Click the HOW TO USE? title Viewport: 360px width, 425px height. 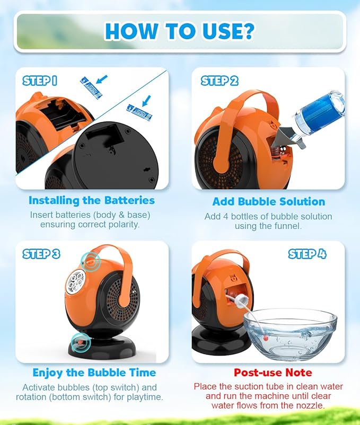tap(179, 31)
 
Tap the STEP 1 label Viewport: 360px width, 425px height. tap(40, 81)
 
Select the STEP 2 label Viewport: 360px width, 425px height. tap(219, 81)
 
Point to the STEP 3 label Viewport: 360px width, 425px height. tap(41, 254)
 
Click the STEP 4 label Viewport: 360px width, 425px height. tap(307, 254)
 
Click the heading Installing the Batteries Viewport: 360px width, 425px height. tap(92, 200)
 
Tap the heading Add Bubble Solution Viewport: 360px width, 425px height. tap(269, 202)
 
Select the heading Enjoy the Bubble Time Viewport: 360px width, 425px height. tap(94, 373)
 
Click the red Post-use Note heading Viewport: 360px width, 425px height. tap(273, 373)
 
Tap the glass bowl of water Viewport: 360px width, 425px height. tap(290, 335)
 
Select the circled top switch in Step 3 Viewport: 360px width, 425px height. tap(90, 261)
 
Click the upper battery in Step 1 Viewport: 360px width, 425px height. tap(91, 88)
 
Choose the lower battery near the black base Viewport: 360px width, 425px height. tap(139, 113)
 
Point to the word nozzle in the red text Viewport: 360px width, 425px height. tap(311, 405)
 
